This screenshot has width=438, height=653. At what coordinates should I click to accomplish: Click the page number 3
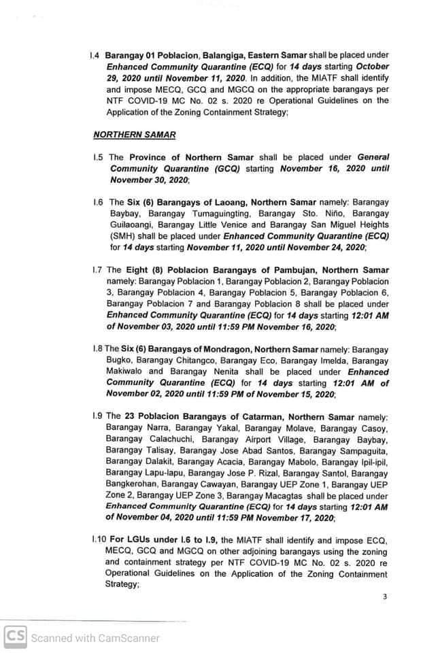point(384,597)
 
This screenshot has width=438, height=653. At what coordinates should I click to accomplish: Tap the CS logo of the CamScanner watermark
point(15,637)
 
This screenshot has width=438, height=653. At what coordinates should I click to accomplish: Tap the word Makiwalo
point(127,372)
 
